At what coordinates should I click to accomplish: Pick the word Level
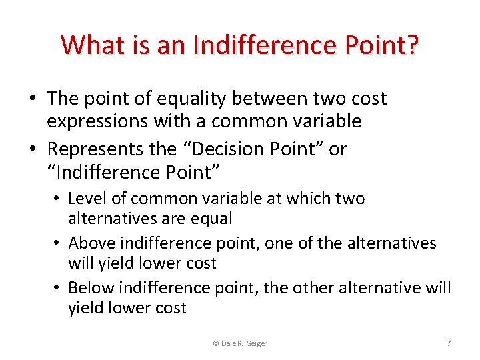tap(87, 199)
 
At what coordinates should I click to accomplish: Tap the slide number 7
tap(449, 343)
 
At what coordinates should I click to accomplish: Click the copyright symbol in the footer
tap(215, 343)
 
